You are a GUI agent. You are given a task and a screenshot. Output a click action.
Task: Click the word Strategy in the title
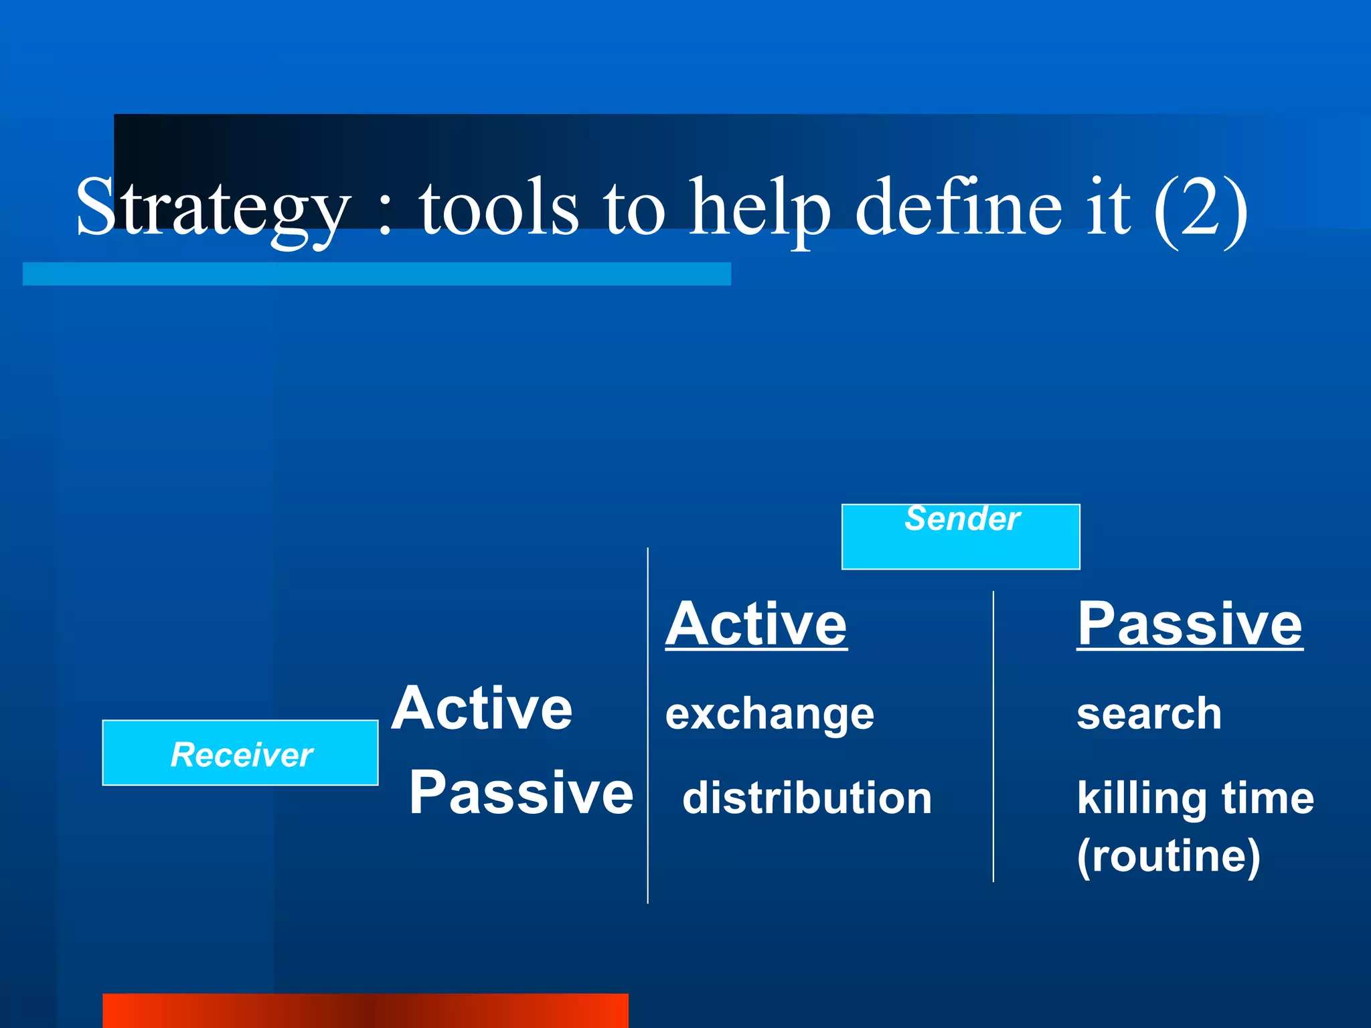[213, 207]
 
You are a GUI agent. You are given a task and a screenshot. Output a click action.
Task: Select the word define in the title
[959, 207]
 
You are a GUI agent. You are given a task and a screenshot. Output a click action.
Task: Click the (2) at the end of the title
[1200, 209]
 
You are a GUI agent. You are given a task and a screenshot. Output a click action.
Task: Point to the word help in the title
[760, 209]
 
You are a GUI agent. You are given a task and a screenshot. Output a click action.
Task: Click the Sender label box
[961, 537]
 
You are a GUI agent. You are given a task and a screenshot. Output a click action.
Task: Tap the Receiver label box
[240, 753]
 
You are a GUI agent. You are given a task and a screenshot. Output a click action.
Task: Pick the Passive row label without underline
[521, 792]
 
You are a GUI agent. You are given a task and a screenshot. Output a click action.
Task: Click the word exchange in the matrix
[770, 714]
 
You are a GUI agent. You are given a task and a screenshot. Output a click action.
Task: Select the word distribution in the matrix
[807, 798]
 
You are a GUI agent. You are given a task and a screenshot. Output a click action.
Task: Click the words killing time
[1195, 798]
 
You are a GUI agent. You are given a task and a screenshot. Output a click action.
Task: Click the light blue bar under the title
[376, 274]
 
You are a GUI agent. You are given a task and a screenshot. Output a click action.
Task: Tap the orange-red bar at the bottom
[365, 1010]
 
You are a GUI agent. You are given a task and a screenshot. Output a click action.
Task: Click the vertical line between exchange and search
[993, 736]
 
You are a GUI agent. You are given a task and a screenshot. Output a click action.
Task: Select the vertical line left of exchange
[648, 726]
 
